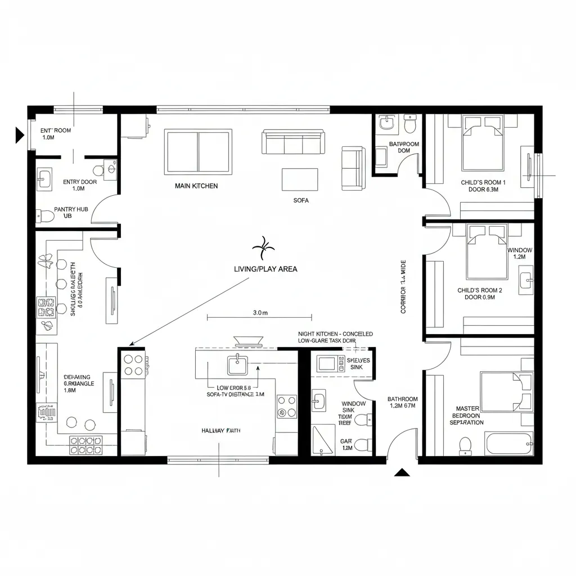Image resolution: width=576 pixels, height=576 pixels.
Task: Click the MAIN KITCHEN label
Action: coord(196,186)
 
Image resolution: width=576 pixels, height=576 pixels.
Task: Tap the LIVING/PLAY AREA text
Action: coord(265,269)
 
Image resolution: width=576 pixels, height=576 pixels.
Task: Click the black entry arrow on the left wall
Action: coord(20,135)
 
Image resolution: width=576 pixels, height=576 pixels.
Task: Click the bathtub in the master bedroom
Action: coord(509,444)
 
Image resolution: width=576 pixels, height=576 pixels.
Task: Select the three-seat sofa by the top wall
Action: coord(293,142)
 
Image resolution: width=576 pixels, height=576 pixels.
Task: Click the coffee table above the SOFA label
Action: coord(300,180)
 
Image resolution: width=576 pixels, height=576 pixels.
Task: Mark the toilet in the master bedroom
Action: coord(465,444)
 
